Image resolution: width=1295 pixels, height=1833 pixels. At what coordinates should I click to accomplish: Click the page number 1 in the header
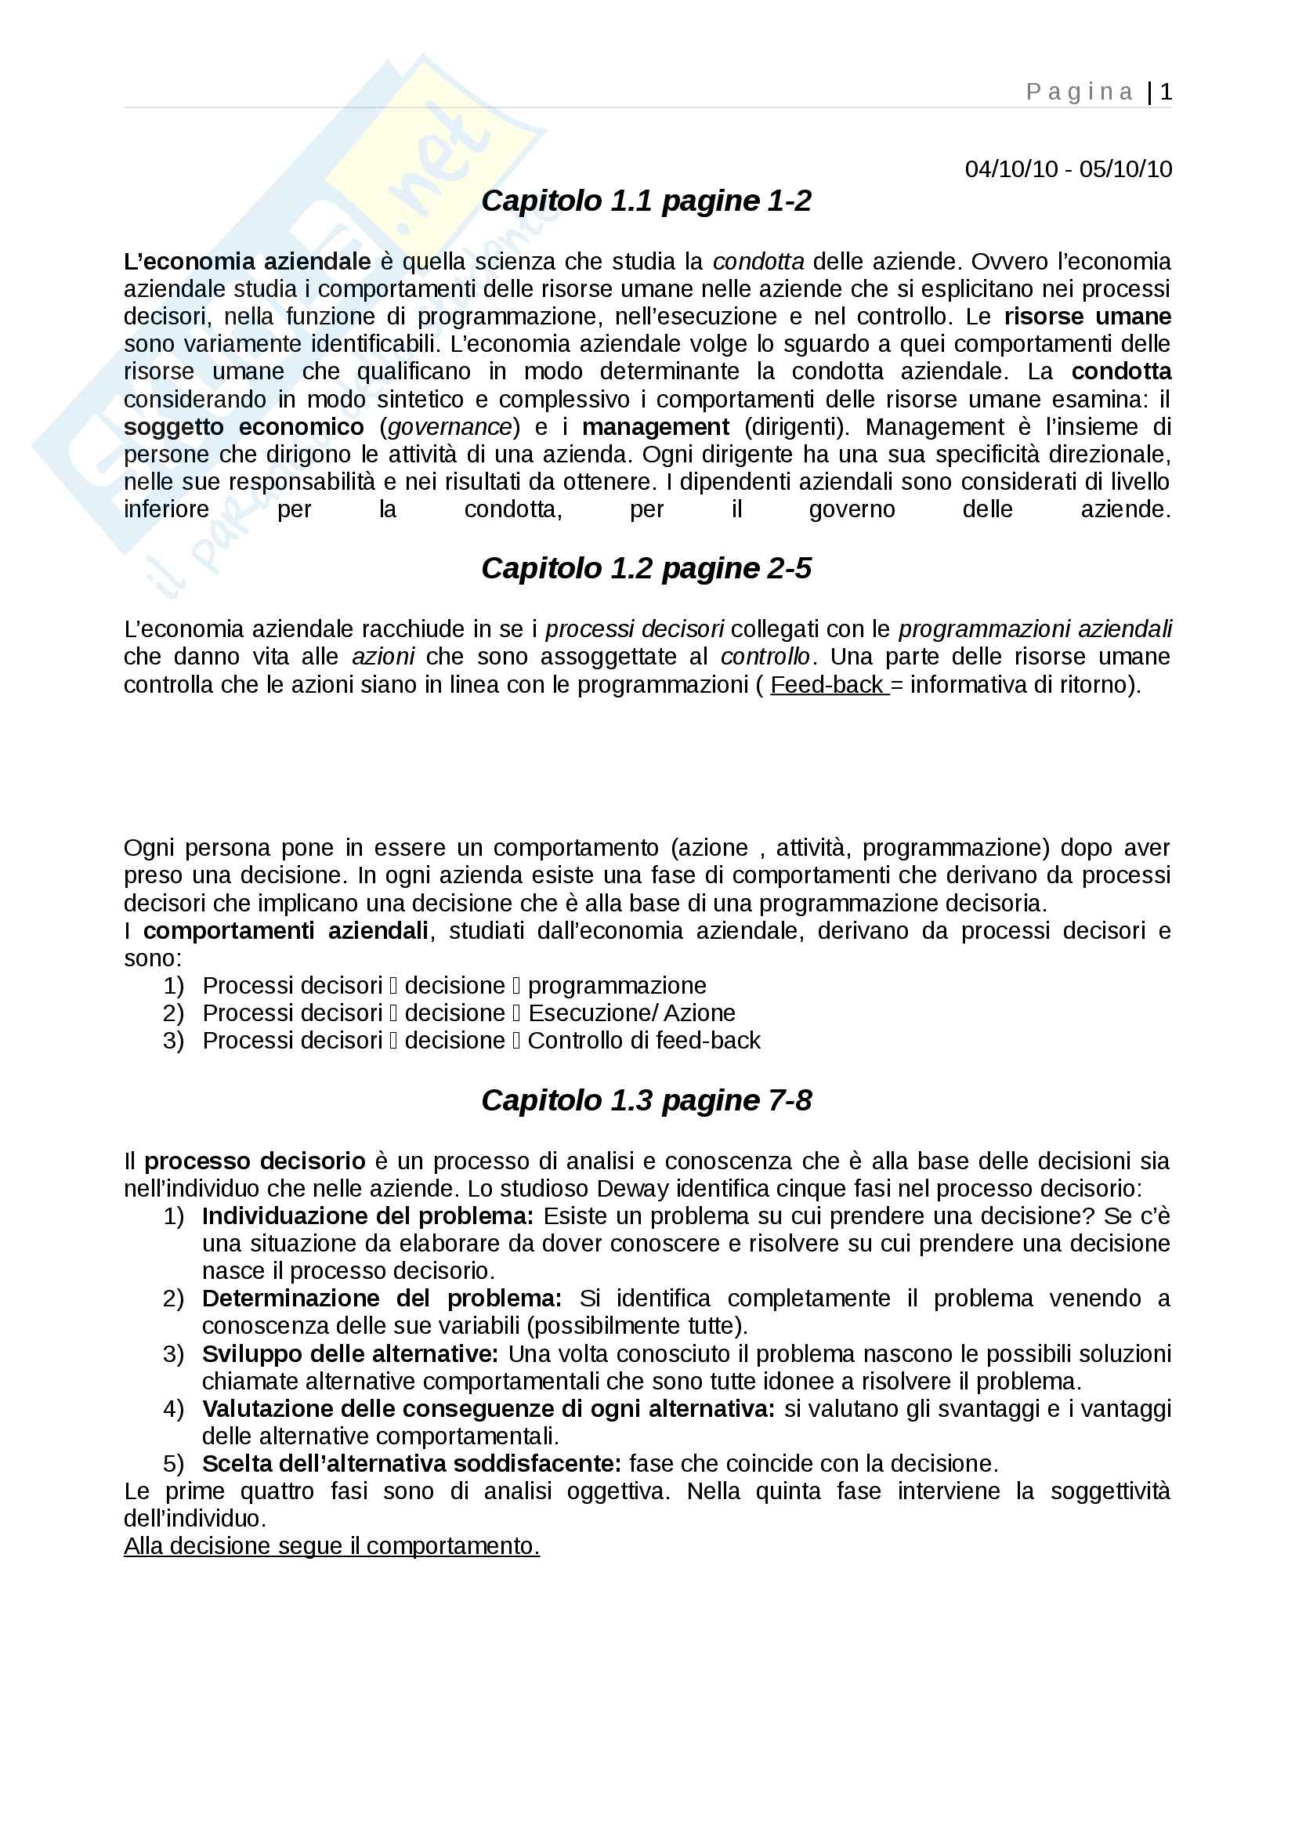1166,92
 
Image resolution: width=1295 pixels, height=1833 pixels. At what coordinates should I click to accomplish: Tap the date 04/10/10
1011,169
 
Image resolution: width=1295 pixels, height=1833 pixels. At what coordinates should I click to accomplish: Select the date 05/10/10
1125,169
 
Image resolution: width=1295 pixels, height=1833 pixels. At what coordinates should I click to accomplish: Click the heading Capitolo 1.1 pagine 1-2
646,201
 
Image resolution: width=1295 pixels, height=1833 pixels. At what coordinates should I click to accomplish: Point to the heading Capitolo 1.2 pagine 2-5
646,568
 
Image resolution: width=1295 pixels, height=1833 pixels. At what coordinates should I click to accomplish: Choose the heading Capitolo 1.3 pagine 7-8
646,1100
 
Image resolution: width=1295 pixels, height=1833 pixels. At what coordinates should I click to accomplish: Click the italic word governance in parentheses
449,427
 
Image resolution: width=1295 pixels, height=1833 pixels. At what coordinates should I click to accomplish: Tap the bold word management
655,427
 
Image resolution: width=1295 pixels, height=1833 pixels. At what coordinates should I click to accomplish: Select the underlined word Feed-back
827,685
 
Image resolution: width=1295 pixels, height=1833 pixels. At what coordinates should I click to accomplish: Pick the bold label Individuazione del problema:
368,1216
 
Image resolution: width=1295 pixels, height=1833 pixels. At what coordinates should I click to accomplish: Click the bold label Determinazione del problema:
382,1298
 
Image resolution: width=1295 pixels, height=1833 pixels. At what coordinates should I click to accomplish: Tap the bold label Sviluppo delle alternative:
350,1354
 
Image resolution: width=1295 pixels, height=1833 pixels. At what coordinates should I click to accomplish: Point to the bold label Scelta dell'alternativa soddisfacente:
412,1463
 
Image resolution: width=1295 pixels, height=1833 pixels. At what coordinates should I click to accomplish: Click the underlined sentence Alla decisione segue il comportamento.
332,1546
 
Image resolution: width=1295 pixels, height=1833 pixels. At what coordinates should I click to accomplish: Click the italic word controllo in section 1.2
765,657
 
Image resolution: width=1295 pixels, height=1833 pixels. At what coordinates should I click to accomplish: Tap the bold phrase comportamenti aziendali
286,931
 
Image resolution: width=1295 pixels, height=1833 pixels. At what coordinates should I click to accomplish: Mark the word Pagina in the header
1079,92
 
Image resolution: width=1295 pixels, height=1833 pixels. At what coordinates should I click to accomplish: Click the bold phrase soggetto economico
244,427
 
